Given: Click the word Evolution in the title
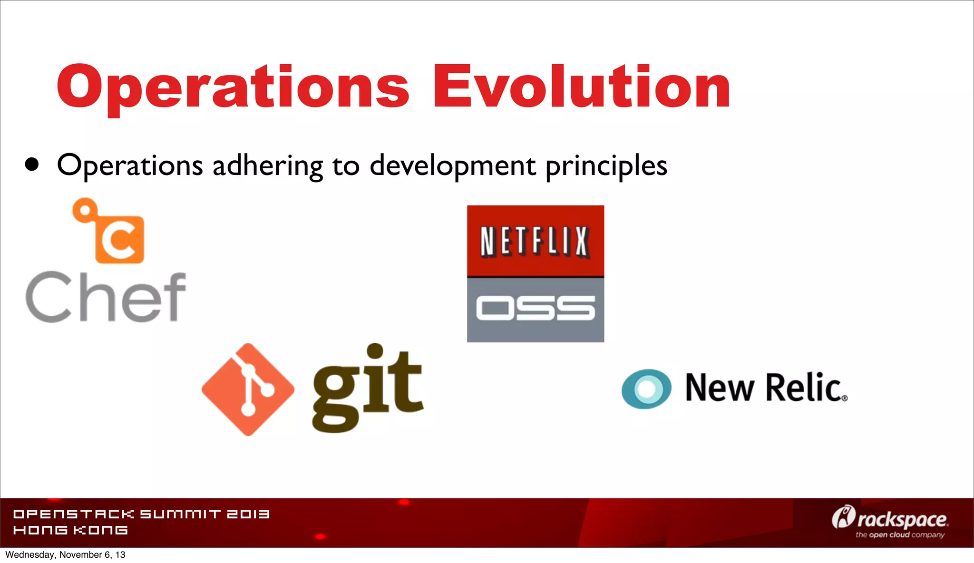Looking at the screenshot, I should click(x=581, y=87).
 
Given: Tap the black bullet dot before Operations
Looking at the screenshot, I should click(x=32, y=165).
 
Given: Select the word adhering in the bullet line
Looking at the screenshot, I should click(x=268, y=166).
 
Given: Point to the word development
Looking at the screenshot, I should click(x=453, y=166).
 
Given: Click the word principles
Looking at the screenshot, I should click(x=606, y=166).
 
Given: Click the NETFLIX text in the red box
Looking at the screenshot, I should click(x=535, y=242).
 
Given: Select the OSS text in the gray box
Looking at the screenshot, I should click(x=535, y=308).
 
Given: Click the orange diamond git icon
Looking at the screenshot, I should click(x=248, y=389).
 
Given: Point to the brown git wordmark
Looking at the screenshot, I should click(x=367, y=388).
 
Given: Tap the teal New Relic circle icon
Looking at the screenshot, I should click(x=646, y=388).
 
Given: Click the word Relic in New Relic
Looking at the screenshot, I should click(x=806, y=388).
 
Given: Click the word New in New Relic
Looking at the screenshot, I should click(x=719, y=388).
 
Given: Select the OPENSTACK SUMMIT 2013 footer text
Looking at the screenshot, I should click(x=141, y=514).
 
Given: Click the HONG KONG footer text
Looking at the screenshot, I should click(x=70, y=530).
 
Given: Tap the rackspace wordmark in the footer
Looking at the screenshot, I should click(x=902, y=520).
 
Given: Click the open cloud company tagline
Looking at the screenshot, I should click(x=900, y=535).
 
